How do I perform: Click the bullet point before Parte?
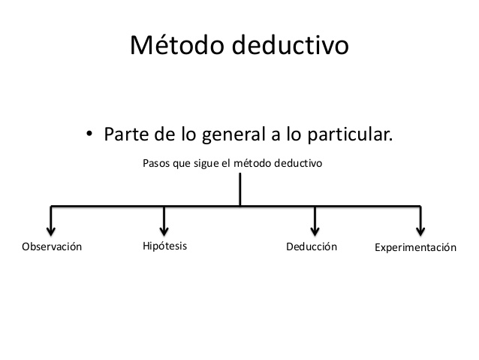pos(89,135)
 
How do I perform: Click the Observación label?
pos(51,247)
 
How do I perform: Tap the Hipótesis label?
pos(164,246)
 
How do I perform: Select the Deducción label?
pos(312,247)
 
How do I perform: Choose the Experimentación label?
pos(415,247)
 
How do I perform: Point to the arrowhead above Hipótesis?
pos(164,230)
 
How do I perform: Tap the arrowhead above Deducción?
pos(315,230)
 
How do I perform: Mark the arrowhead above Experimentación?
pos(420,230)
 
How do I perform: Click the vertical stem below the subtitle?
pos(239,189)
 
